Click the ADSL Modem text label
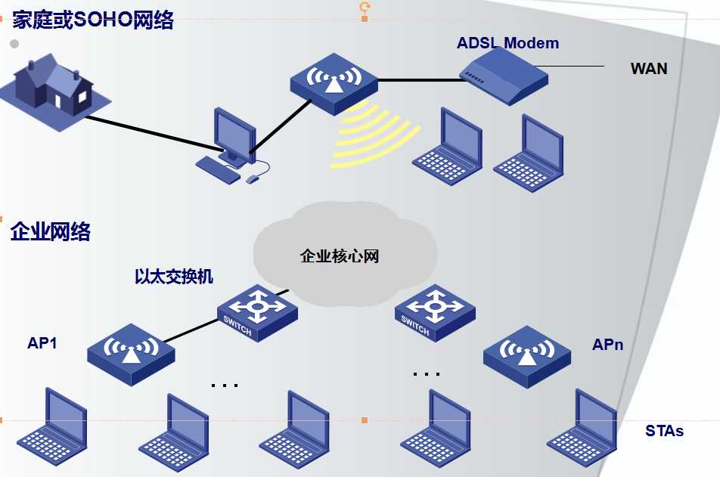pyautogui.click(x=507, y=43)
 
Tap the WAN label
pyautogui.click(x=649, y=69)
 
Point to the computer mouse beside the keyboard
pyautogui.click(x=253, y=178)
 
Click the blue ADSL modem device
pyautogui.click(x=503, y=75)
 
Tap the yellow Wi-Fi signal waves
pyautogui.click(x=374, y=132)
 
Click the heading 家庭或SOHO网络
pyautogui.click(x=93, y=20)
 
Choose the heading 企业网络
pyautogui.click(x=51, y=232)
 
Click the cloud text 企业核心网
pyautogui.click(x=340, y=256)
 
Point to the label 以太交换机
pyautogui.click(x=174, y=277)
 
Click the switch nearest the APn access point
pyautogui.click(x=435, y=311)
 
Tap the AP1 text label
pyautogui.click(x=42, y=343)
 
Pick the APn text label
pyautogui.click(x=607, y=345)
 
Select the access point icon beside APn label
pyautogui.click(x=527, y=354)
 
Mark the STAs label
pyautogui.click(x=664, y=431)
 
